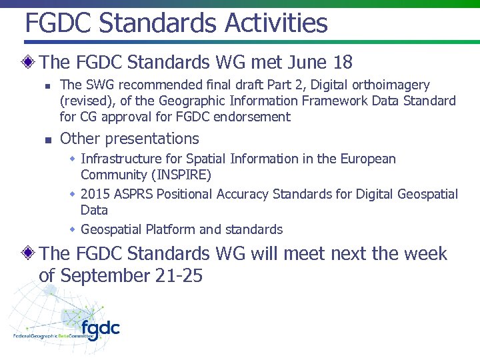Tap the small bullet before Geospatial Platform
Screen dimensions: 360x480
click(73, 229)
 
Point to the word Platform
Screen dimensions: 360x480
click(173, 230)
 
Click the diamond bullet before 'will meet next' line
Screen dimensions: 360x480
click(29, 254)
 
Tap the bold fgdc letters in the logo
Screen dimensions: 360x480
click(100, 327)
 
